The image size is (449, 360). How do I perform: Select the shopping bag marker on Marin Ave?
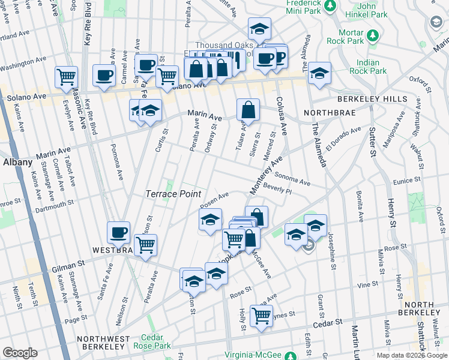248,111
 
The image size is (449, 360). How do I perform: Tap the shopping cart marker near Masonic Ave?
67,77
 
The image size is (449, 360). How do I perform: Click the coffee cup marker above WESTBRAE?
118,233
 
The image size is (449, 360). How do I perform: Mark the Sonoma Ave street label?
292,178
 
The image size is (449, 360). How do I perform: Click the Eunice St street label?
423,179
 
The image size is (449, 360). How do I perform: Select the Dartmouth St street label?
53,205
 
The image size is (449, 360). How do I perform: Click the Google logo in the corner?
20,353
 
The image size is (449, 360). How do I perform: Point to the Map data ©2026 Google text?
412,355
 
